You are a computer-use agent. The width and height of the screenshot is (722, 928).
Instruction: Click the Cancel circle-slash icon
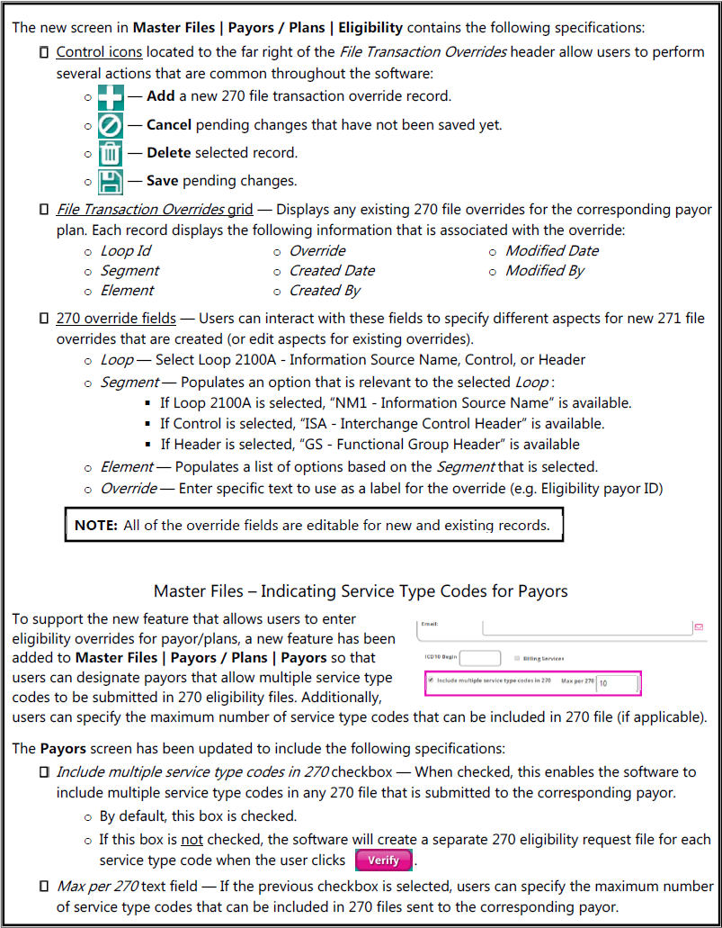(110, 126)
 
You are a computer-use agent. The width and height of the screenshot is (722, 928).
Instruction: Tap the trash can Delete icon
(110, 154)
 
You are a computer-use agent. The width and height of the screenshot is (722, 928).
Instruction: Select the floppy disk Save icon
(110, 182)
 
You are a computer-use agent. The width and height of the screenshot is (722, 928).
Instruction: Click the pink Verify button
(384, 860)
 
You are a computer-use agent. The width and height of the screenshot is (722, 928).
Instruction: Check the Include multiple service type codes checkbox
(431, 680)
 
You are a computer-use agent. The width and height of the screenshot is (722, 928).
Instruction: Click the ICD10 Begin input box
(480, 658)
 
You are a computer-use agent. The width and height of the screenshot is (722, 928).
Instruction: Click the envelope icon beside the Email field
(699, 626)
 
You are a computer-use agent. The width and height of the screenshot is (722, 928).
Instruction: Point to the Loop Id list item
(126, 251)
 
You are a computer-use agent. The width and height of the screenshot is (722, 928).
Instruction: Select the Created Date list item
(332, 271)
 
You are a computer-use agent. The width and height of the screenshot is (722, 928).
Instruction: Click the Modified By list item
(544, 271)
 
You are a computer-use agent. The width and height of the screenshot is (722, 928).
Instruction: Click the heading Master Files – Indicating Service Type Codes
(361, 591)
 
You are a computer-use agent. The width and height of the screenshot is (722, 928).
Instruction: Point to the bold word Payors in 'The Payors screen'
(63, 749)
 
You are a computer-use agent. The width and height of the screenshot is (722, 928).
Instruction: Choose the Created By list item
(325, 291)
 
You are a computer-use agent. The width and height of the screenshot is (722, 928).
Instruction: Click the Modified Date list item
(551, 251)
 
